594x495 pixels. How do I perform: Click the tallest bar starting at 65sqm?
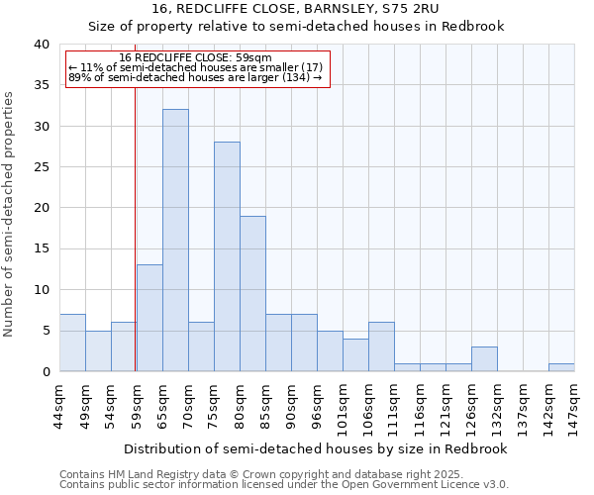[x=175, y=241]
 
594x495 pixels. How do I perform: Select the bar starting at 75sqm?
[x=227, y=256]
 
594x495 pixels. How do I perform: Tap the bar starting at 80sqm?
[x=252, y=293]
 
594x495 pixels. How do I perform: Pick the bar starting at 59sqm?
[x=149, y=318]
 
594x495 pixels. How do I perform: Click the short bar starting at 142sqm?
[x=561, y=367]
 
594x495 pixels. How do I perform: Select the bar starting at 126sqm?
[x=484, y=359]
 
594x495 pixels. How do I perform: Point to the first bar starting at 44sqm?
[x=72, y=343]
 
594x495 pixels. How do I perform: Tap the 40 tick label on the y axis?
[x=41, y=45]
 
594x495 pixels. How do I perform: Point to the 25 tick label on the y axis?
[x=41, y=167]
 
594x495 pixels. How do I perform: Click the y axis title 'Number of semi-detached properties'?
[x=10, y=214]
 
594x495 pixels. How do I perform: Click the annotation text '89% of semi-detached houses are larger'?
[x=195, y=77]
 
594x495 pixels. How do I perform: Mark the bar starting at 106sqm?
[x=381, y=346]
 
